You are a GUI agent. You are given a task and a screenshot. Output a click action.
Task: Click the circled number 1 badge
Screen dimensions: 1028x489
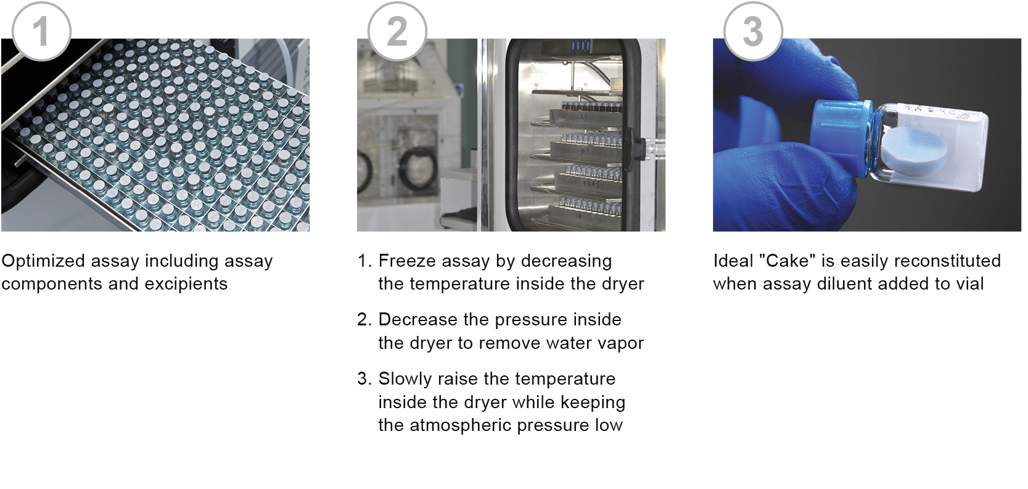(x=41, y=31)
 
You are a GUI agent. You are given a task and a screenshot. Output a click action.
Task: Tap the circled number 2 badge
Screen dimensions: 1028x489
(x=397, y=31)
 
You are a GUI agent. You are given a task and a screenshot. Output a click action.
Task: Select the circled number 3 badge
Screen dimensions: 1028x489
(x=753, y=31)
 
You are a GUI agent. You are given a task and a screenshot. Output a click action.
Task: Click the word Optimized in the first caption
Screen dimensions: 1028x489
(x=43, y=262)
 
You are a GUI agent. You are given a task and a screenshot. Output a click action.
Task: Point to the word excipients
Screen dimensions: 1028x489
(x=186, y=285)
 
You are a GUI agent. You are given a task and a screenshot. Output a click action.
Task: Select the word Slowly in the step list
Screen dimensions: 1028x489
(x=405, y=380)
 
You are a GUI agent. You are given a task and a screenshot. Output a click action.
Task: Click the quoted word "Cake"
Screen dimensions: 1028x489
(x=787, y=261)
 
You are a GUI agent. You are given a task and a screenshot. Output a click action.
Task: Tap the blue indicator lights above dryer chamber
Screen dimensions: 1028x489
(x=580, y=46)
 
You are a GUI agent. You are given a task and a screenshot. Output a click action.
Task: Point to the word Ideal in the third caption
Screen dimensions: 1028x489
(x=733, y=261)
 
